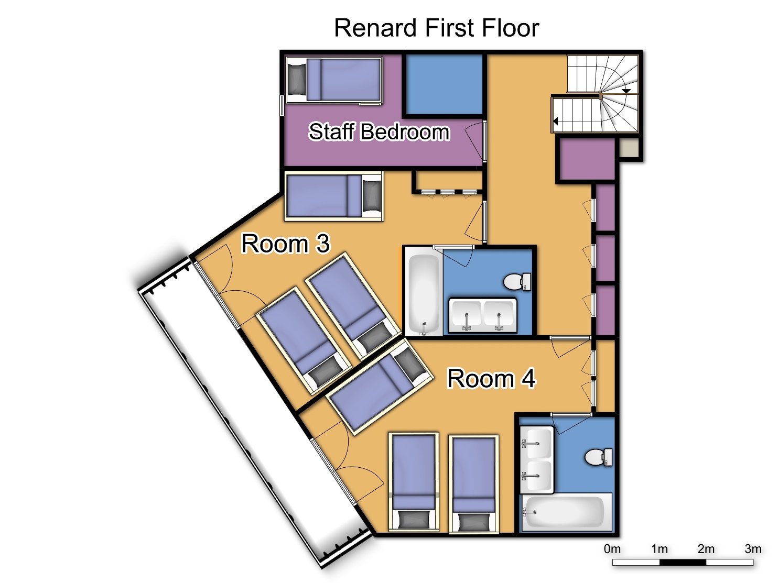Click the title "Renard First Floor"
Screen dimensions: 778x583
pyautogui.click(x=436, y=28)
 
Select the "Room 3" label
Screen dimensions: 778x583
pyautogui.click(x=285, y=244)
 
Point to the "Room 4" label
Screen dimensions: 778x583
pyautogui.click(x=491, y=378)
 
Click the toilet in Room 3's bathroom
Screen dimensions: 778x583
pyautogui.click(x=517, y=282)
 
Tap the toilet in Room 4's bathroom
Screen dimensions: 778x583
pyautogui.click(x=598, y=457)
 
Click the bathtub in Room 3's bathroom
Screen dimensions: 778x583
pyautogui.click(x=424, y=292)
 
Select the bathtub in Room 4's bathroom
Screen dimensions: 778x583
pyautogui.click(x=566, y=511)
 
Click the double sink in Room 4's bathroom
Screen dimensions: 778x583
pyautogui.click(x=537, y=459)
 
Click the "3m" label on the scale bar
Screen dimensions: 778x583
pyautogui.click(x=752, y=549)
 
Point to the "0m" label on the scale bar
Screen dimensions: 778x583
pyautogui.click(x=612, y=549)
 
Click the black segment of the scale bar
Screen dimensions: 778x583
pyautogui.click(x=682, y=563)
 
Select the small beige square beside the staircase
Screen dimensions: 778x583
pyautogui.click(x=629, y=147)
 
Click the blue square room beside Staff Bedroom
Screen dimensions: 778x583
pyautogui.click(x=445, y=84)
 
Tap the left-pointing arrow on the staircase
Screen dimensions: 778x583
pyautogui.click(x=556, y=122)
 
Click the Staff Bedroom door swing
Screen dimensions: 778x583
pyautogui.click(x=474, y=141)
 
